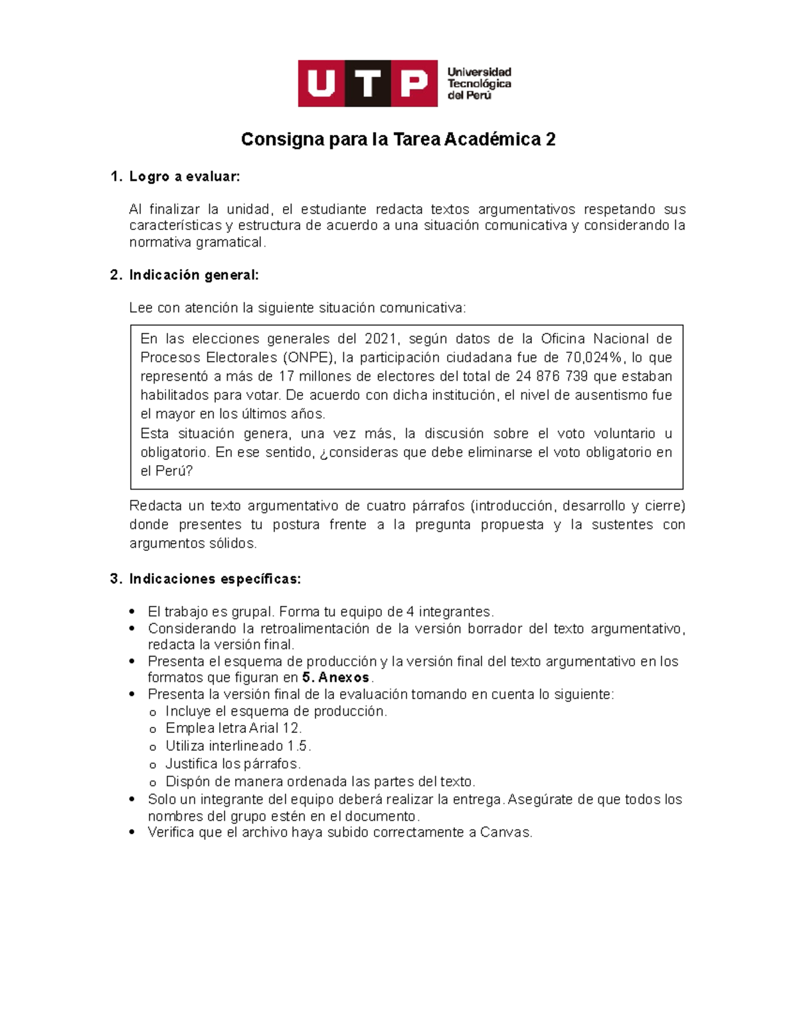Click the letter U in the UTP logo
(321, 84)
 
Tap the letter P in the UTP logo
(414, 84)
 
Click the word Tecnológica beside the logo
(479, 84)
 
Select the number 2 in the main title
(550, 140)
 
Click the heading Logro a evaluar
(184, 177)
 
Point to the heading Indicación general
(193, 275)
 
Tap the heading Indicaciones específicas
(215, 579)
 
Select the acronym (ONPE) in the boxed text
(308, 358)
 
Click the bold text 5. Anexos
(335, 678)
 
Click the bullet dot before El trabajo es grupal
(133, 612)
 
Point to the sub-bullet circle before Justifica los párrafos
(153, 765)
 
